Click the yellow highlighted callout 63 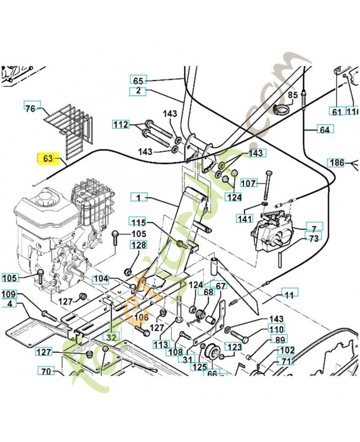47,159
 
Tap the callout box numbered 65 138,80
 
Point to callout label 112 121,124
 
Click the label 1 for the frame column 139,197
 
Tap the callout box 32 112,336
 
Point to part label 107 250,183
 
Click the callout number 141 244,219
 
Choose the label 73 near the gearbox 313,239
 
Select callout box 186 336,162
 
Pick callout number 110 276,329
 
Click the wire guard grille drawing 70,124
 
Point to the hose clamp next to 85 282,109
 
